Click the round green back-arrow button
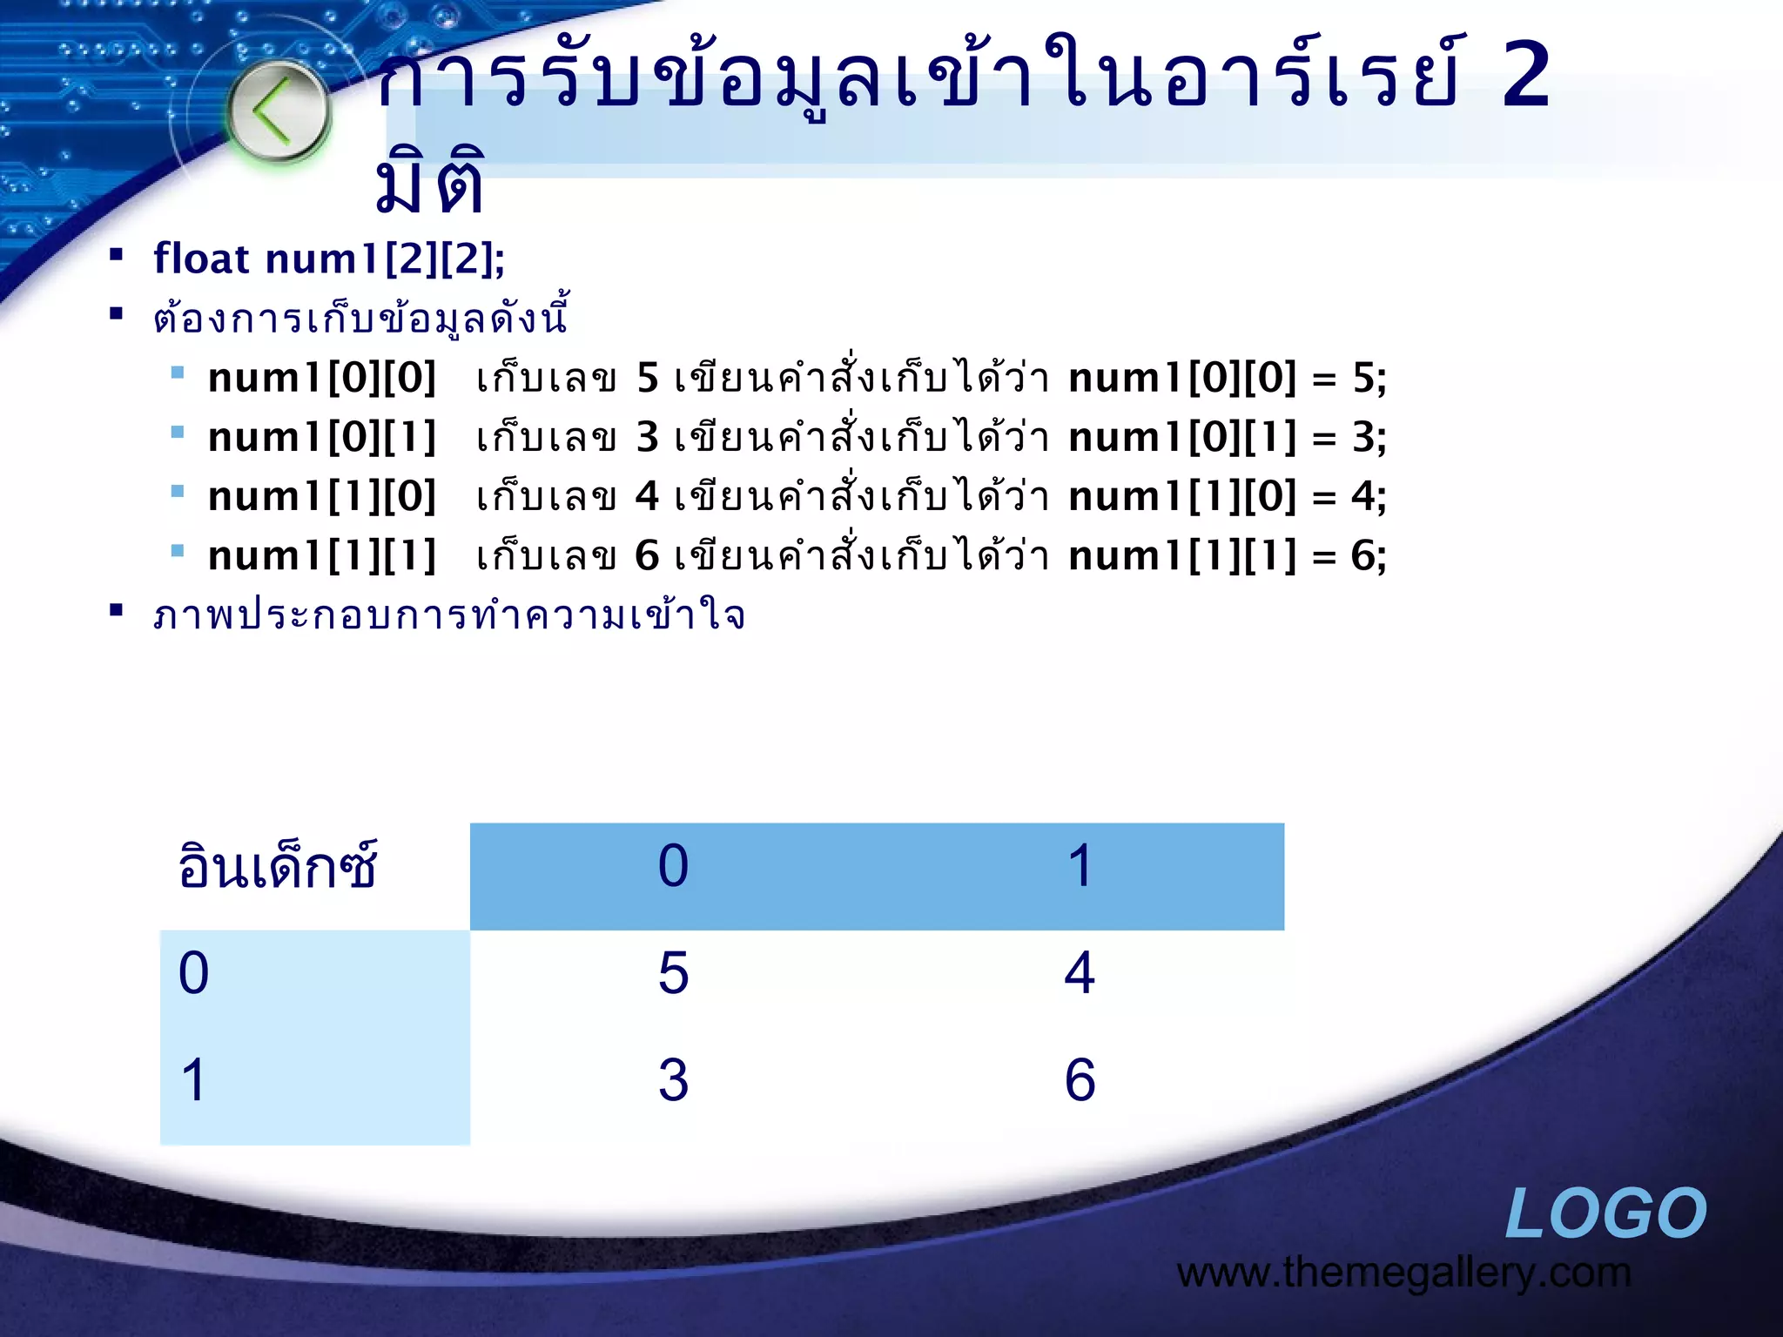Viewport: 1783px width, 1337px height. click(279, 112)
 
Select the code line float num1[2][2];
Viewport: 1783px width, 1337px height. click(329, 259)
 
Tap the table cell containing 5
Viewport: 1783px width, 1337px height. click(673, 973)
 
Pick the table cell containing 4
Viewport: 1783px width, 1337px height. click(1080, 973)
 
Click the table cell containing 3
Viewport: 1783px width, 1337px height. click(673, 1080)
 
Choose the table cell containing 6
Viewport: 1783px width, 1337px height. click(1080, 1080)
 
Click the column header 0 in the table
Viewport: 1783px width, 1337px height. click(673, 866)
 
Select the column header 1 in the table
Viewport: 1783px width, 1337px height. click(1080, 866)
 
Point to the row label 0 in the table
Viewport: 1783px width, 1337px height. click(194, 973)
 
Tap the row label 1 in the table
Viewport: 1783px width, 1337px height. click(194, 1080)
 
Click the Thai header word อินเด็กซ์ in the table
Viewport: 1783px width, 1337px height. click(277, 866)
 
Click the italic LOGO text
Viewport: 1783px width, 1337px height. click(1605, 1213)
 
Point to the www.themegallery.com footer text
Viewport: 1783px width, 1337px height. click(1403, 1273)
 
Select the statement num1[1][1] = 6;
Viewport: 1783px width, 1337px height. click(1228, 556)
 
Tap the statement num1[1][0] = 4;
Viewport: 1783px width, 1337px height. click(1228, 497)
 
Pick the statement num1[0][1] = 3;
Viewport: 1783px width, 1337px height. click(1228, 438)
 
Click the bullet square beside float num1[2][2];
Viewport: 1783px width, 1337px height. click(116, 255)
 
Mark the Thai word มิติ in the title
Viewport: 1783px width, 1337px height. click(429, 183)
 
